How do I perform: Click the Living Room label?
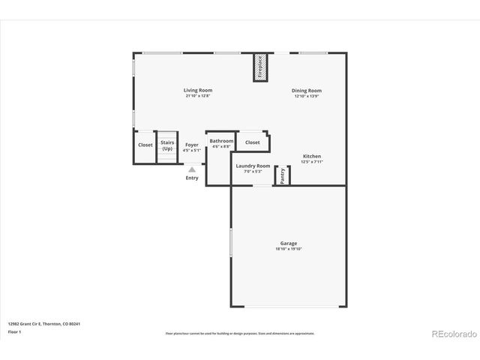coord(199,90)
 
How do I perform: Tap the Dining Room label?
coord(307,91)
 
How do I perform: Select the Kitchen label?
coord(312,156)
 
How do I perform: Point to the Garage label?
coord(289,243)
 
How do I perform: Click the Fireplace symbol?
coord(260,68)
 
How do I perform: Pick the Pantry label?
coord(283,175)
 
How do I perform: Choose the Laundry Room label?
coord(253,166)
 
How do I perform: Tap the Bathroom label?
coord(221,141)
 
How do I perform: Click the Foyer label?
coord(192,145)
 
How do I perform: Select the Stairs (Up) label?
coord(167,145)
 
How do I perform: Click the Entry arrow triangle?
coord(192,169)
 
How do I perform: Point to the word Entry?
coord(192,178)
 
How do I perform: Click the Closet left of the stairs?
coord(145,145)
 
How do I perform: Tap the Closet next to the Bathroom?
coord(253,142)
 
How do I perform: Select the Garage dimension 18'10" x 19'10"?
coord(289,248)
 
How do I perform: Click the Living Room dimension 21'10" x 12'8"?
coord(199,96)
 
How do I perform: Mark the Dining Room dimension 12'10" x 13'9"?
coord(307,96)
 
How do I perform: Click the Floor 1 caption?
coord(15,331)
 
